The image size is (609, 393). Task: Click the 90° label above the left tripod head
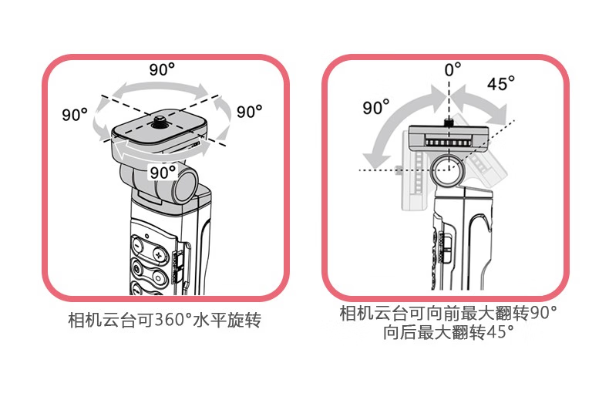[162, 69]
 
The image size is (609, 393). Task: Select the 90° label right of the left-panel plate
[249, 112]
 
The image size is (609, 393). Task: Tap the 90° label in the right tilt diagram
[376, 107]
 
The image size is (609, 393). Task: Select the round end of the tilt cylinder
[187, 184]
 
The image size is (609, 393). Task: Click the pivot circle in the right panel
[446, 170]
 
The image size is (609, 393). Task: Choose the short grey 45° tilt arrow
[482, 100]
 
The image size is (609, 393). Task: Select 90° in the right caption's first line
[541, 314]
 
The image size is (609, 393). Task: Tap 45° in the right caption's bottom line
[500, 333]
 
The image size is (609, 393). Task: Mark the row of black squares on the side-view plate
[447, 143]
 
